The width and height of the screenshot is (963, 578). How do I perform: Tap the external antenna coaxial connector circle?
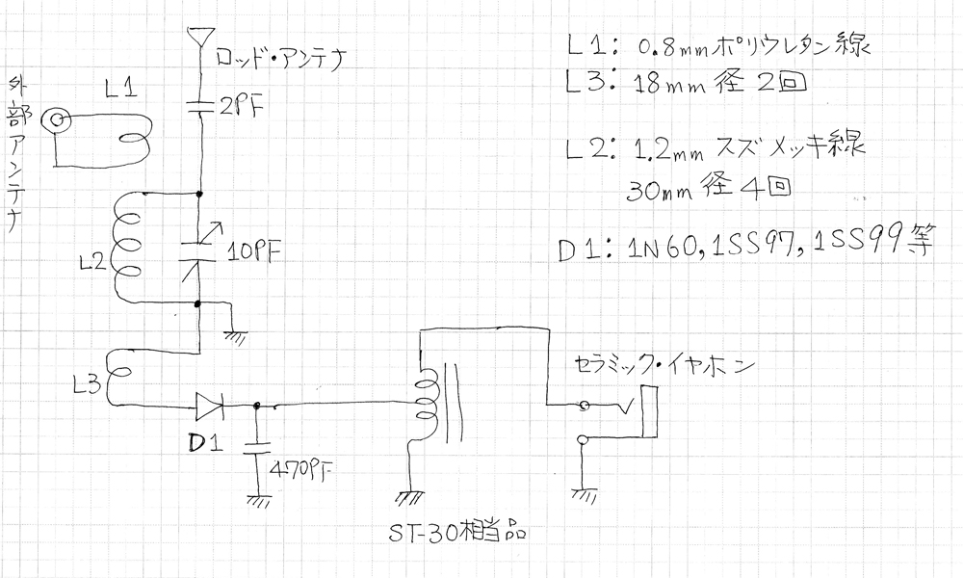pyautogui.click(x=60, y=120)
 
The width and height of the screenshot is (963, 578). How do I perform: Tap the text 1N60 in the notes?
pyautogui.click(x=658, y=248)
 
